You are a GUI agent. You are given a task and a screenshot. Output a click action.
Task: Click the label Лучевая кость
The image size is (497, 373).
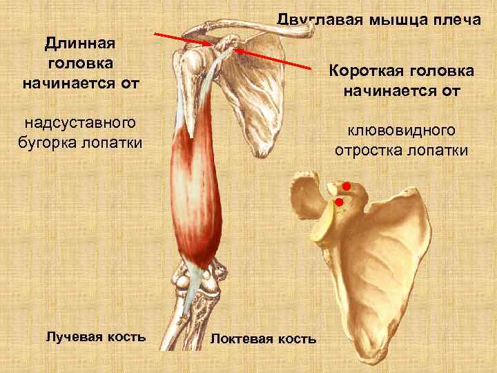tap(95, 336)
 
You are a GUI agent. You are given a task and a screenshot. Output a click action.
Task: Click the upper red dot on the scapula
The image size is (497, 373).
tap(347, 186)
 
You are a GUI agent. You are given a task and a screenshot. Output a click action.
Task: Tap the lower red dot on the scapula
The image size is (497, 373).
tap(340, 202)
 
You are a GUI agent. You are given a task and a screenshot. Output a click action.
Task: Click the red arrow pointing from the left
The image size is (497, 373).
tap(182, 39)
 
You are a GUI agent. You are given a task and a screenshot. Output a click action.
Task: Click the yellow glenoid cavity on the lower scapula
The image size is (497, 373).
tap(324, 224)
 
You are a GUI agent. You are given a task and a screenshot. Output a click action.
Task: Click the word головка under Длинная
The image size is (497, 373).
tap(80, 64)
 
